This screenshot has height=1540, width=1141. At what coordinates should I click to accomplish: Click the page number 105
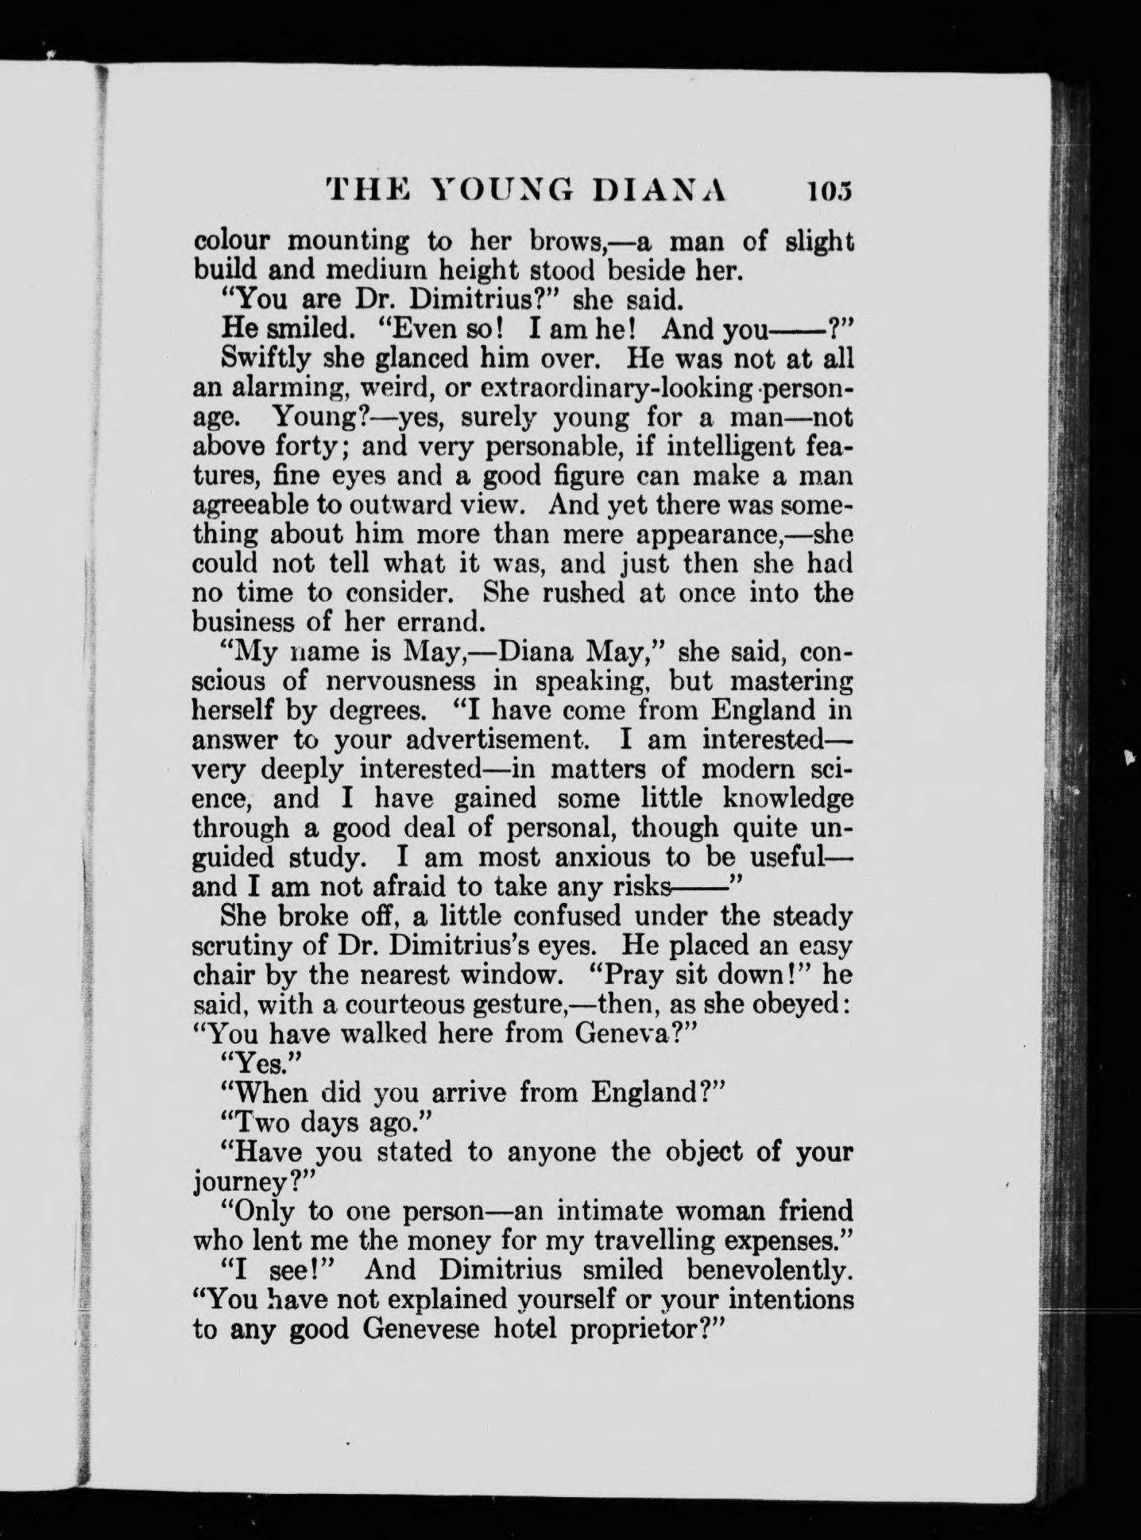pos(830,192)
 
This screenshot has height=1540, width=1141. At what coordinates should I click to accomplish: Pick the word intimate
pos(608,1211)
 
